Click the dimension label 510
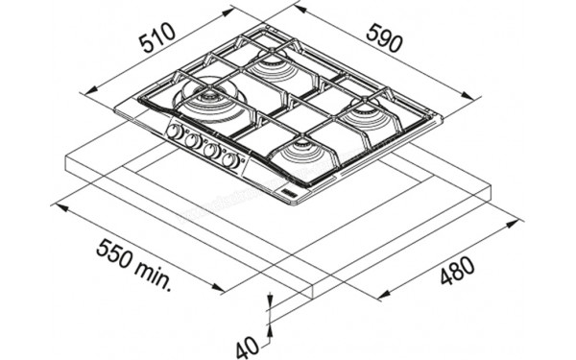tap(156, 40)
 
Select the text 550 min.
tap(135, 260)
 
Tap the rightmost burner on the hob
tap(369, 114)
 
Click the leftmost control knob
tap(176, 132)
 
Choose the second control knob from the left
tap(193, 141)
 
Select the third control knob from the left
tap(211, 151)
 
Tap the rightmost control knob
tap(230, 160)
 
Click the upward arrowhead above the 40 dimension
tap(271, 300)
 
